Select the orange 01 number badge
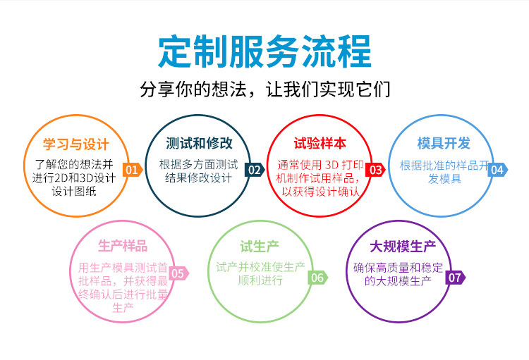132,170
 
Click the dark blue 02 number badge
255,170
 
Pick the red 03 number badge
376,170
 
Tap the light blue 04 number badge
497,170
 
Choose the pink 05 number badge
178,274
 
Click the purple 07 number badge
455,278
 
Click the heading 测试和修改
199,144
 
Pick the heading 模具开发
444,144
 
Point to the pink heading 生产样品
123,246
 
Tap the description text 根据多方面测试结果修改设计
199,171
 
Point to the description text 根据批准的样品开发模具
444,171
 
